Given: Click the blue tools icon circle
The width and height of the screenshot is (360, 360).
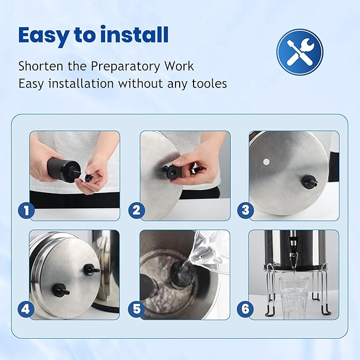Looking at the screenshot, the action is click(300, 52).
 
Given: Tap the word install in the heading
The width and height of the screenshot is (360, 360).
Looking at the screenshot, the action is click(135, 34).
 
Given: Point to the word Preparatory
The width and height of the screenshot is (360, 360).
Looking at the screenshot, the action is click(125, 67).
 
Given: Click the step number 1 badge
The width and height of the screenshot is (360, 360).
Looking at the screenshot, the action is click(27, 210).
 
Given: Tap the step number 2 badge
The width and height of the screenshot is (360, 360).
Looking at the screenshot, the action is click(137, 210).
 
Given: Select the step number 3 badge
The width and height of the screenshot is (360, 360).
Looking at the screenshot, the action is click(245, 210).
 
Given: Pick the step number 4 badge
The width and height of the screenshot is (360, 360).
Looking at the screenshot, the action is click(26, 309).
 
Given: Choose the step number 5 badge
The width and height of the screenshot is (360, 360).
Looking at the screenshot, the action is click(137, 309).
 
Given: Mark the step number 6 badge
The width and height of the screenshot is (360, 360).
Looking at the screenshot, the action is click(245, 309).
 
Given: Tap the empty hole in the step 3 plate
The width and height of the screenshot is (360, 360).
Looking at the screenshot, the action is click(267, 162).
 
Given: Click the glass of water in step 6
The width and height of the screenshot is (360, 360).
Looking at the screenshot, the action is click(293, 297).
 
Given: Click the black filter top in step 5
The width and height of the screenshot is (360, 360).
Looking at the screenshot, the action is click(183, 273).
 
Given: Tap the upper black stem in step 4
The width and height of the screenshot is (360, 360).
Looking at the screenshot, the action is click(91, 269).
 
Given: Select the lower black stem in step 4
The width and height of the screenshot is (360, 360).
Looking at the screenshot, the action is click(60, 289).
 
